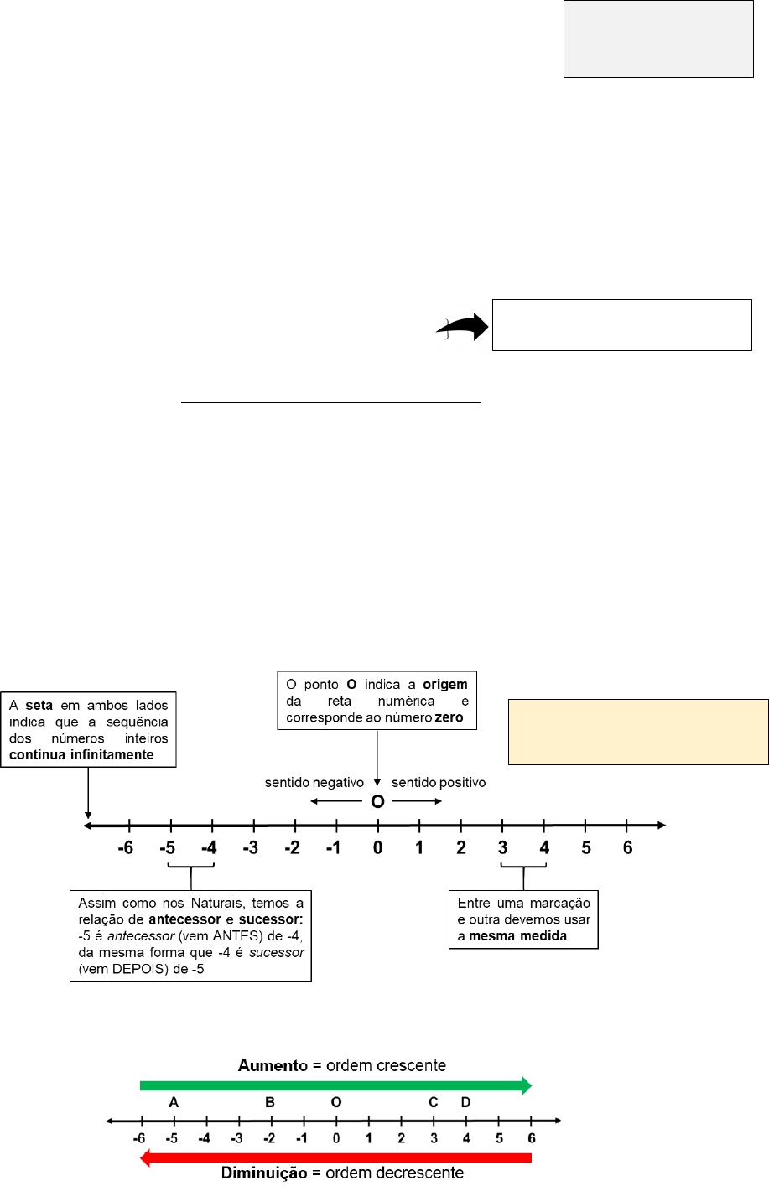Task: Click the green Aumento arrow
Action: coord(335,1085)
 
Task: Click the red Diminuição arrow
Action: coord(335,1157)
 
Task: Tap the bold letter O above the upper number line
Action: coord(377,802)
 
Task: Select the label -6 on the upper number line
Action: coord(125,848)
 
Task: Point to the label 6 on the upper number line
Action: coord(627,848)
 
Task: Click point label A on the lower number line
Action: coord(174,1102)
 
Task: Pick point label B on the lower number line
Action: coord(270,1102)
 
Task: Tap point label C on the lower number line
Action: coord(434,1102)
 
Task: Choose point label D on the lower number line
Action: coord(466,1102)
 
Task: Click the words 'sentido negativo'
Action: coord(314,783)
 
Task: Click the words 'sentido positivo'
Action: coord(439,783)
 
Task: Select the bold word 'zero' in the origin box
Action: coord(449,717)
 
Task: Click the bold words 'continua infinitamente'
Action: coord(81,754)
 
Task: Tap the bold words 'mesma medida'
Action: coord(517,935)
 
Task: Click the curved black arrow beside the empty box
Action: coord(463,328)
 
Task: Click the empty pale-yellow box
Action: coord(638,732)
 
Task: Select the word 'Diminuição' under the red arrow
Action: coord(264,1173)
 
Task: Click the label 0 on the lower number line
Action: coord(335,1138)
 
